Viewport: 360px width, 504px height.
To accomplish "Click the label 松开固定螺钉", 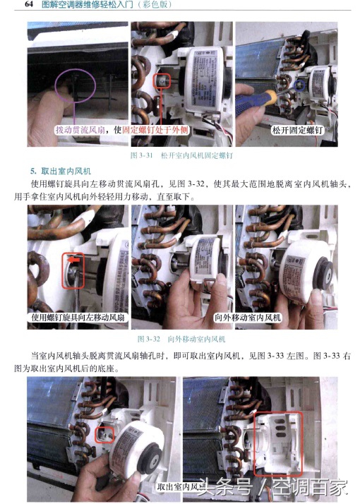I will (x=296, y=131).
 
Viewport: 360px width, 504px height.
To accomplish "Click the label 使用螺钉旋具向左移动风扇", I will (x=76, y=318).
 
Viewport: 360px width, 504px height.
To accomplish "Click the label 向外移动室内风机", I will (x=247, y=318).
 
